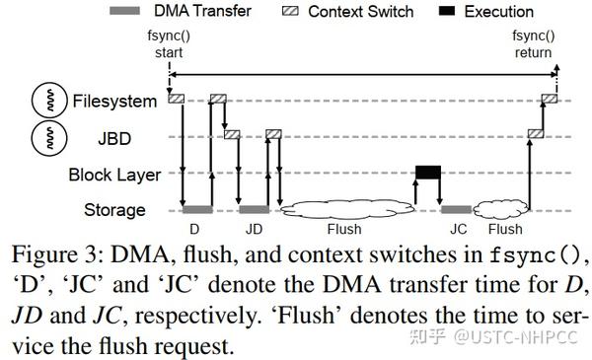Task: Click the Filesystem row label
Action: click(113, 101)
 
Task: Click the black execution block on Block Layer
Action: click(428, 173)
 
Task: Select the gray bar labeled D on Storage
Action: click(197, 209)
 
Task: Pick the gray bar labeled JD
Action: click(254, 209)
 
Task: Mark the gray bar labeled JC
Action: click(456, 209)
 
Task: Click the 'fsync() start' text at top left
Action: click(169, 45)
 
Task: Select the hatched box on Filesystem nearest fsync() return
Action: click(549, 98)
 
